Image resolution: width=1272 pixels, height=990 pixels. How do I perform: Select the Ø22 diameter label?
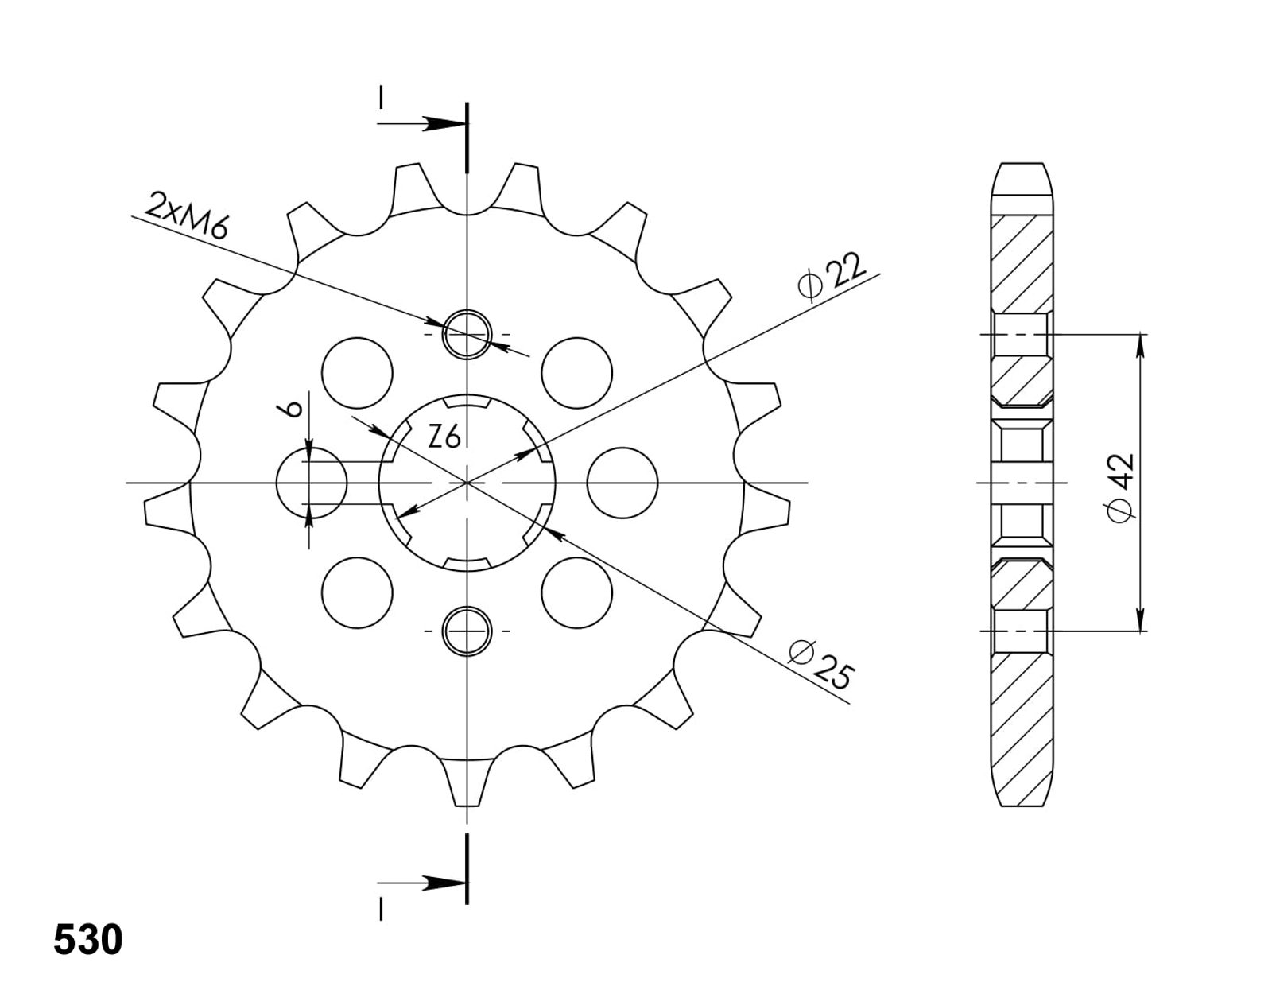coord(831,277)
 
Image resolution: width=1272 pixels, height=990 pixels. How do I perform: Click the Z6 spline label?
coord(444,437)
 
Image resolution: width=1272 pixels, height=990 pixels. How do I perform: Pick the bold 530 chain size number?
coord(88,941)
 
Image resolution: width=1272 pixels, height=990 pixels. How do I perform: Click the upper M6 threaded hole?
coord(467,334)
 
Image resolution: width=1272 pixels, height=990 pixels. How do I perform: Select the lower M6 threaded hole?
coord(467,631)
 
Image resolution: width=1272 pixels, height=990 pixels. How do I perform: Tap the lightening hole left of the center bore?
coord(312,483)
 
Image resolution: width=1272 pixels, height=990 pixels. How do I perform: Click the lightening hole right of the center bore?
coord(622,483)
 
